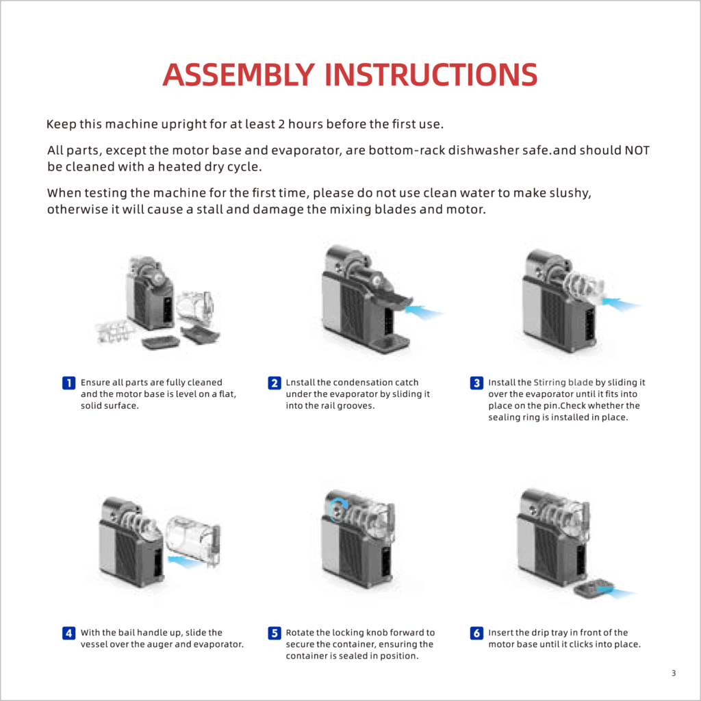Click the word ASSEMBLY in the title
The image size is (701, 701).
click(239, 74)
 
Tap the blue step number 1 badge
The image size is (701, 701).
click(68, 383)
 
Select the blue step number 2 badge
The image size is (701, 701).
click(274, 383)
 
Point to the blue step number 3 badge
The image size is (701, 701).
click(476, 383)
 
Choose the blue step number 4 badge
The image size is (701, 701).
click(68, 633)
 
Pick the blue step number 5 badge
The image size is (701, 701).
click(274, 633)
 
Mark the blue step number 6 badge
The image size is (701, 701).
click(476, 633)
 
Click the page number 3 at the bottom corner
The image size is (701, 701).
click(674, 673)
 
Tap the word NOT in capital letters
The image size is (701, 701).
click(637, 150)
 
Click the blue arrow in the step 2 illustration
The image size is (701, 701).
click(423, 311)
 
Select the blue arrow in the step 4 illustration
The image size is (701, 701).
click(186, 561)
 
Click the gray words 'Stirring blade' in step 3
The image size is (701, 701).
click(563, 382)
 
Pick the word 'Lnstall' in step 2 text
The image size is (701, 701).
click(301, 382)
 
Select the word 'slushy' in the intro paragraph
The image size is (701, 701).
click(570, 193)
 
